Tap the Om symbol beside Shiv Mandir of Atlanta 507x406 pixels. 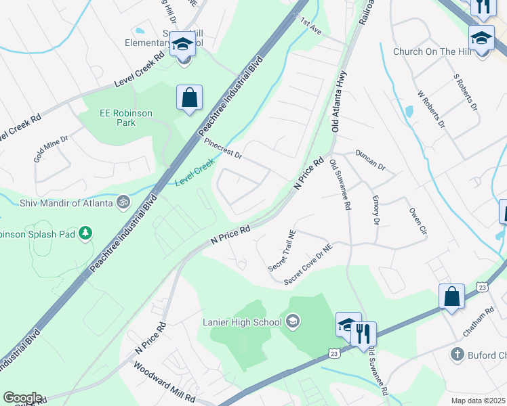(x=123, y=201)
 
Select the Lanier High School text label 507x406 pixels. (x=242, y=322)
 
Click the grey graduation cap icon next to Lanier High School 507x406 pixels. (x=293, y=320)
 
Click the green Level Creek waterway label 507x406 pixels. (x=195, y=172)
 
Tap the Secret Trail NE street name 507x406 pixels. (x=283, y=251)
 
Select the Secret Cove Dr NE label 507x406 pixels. (x=309, y=264)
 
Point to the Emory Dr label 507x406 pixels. (x=376, y=210)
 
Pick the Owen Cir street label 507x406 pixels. (x=418, y=221)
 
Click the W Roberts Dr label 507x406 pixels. (x=431, y=110)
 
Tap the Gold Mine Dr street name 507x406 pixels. (x=52, y=150)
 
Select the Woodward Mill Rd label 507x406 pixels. (x=164, y=380)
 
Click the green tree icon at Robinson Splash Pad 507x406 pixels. (x=85, y=234)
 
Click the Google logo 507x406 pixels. (x=22, y=398)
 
